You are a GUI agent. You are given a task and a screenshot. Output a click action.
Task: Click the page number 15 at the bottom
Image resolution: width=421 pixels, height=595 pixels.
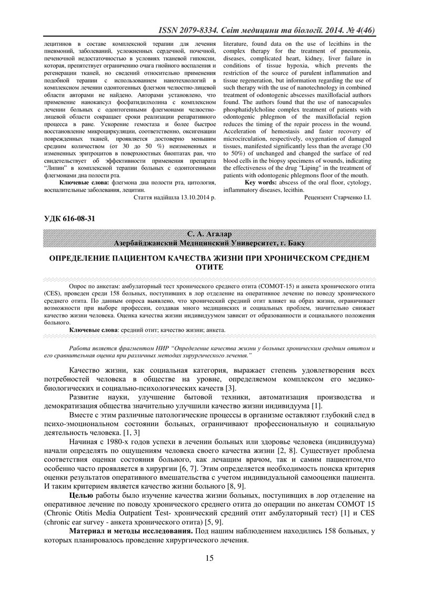209,558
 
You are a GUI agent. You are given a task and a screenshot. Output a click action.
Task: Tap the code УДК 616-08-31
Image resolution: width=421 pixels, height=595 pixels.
66,218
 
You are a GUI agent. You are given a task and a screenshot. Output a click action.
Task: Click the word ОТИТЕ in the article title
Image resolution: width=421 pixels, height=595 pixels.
209,268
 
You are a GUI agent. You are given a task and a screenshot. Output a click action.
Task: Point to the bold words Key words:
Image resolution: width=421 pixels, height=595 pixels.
261,182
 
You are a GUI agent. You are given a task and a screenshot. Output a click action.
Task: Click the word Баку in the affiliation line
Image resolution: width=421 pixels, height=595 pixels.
296,243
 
